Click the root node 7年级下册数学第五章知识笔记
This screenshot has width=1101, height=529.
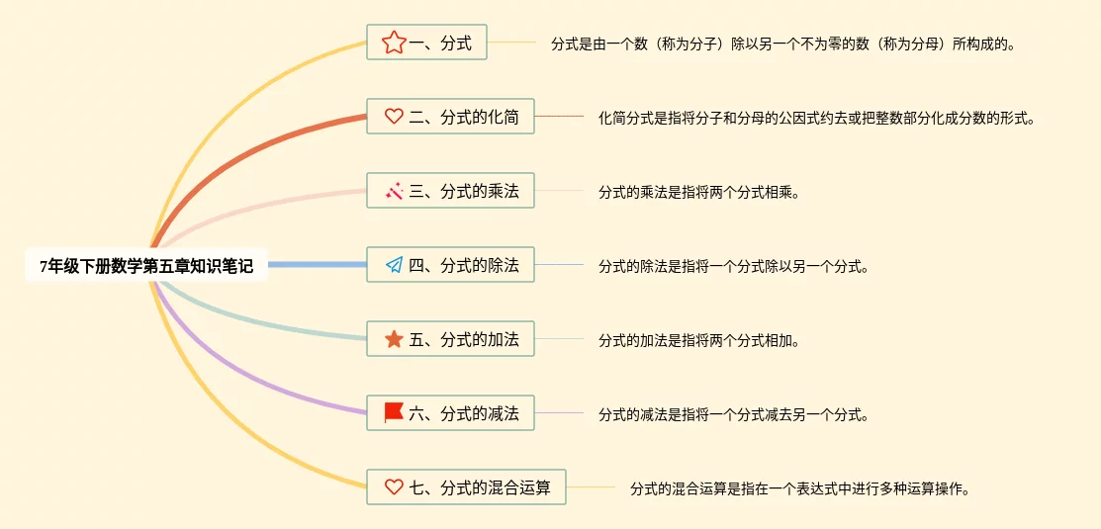[x=146, y=265]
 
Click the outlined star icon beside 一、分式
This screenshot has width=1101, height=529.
[x=394, y=43]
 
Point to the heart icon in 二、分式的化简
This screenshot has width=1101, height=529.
[x=394, y=117]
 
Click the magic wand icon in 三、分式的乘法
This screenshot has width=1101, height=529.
[x=394, y=191]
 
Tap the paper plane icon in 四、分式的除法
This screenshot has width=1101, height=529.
[x=394, y=265]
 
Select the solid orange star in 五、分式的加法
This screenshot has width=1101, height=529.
[x=394, y=339]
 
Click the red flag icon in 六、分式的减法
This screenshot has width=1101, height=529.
[x=394, y=413]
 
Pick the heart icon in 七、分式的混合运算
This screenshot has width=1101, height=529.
[x=394, y=486]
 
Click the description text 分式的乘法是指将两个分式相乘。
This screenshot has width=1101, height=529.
[x=698, y=192]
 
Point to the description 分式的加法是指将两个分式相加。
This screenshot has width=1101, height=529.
[x=698, y=340]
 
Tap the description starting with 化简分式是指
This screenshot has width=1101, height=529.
[x=816, y=118]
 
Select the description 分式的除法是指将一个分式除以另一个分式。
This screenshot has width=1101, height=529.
[x=733, y=266]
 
